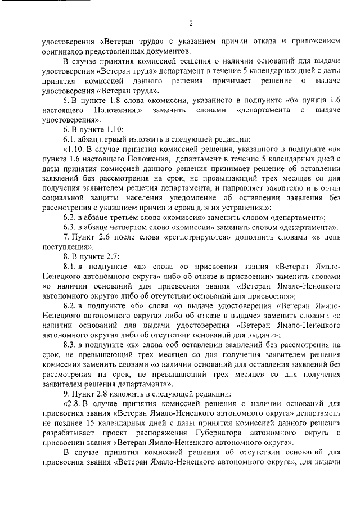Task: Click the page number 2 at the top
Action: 191,23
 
